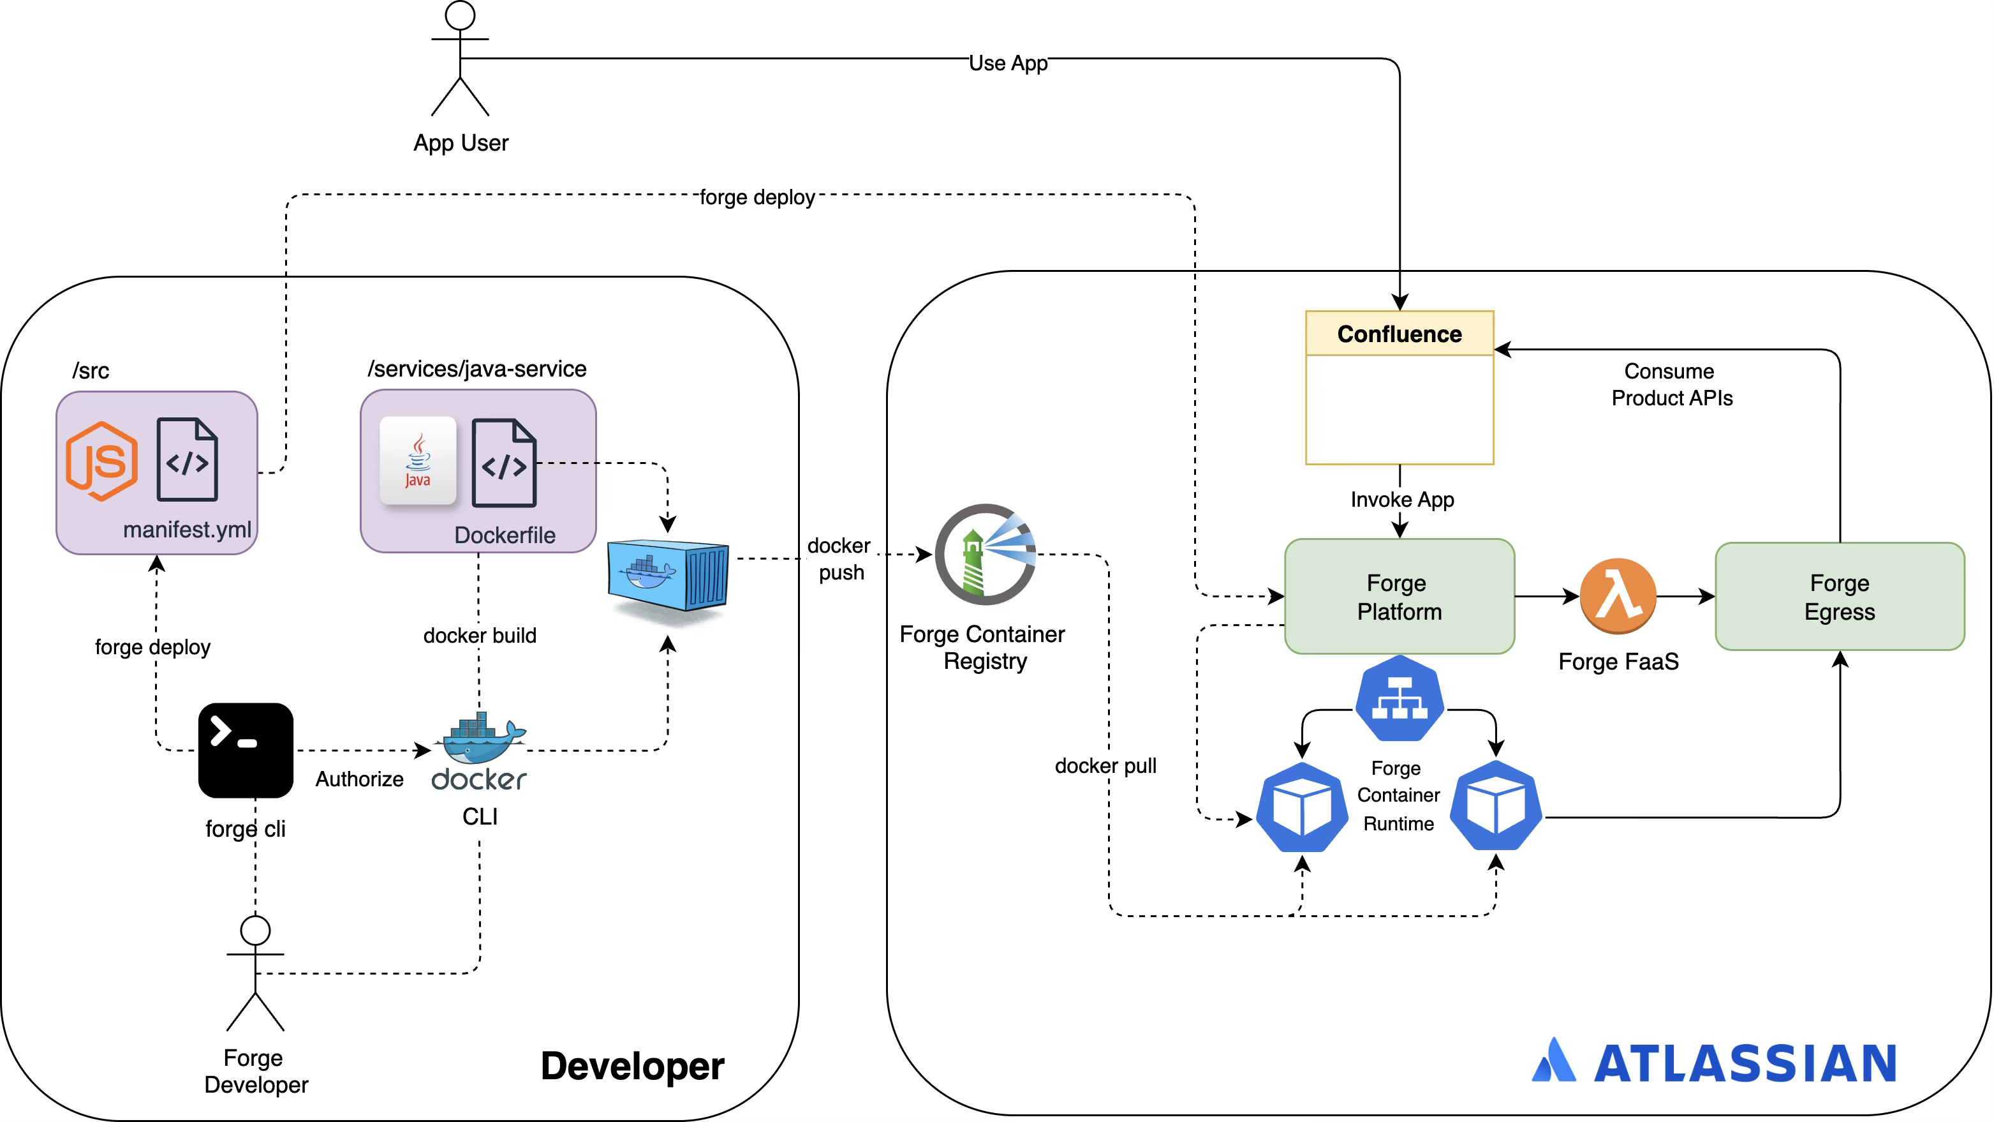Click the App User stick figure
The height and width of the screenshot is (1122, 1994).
click(x=460, y=59)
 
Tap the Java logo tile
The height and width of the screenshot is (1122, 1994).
click(x=418, y=461)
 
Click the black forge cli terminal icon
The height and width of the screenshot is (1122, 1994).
click(x=246, y=749)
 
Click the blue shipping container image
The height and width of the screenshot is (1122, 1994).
click(x=667, y=576)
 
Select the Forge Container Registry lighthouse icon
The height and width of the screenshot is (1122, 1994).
click(x=986, y=555)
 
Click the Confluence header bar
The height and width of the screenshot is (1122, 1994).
click(x=1399, y=334)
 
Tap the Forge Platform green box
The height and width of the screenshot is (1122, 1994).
click(x=1399, y=596)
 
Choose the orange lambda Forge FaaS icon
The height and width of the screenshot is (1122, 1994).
click(x=1618, y=596)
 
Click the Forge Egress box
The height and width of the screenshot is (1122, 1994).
click(x=1839, y=596)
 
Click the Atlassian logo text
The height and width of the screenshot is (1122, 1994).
click(x=1745, y=1063)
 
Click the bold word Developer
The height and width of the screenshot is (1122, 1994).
click(x=632, y=1066)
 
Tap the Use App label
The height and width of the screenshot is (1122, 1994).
click(x=1008, y=63)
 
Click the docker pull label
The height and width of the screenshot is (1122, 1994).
click(x=1105, y=766)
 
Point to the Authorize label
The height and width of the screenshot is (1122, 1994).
click(x=359, y=779)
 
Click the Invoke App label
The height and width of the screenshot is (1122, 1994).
click(x=1402, y=500)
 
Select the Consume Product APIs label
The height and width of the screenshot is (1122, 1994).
click(x=1671, y=384)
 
